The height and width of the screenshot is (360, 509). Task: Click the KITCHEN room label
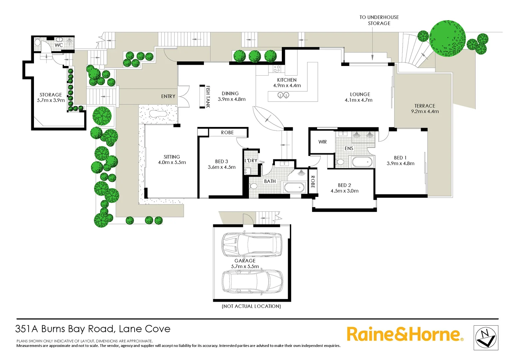287,80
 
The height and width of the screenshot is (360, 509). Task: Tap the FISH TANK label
208,97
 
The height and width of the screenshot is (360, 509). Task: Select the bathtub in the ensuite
362,162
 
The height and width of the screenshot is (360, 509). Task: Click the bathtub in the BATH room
294,187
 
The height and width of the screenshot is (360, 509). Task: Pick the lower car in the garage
253,281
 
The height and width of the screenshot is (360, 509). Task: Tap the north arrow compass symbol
486,338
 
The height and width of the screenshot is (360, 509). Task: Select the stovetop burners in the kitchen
277,69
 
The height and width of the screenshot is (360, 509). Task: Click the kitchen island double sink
283,96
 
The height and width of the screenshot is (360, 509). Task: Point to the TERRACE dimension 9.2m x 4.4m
425,111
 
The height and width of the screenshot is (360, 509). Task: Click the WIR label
322,142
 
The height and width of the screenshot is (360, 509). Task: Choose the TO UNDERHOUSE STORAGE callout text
379,20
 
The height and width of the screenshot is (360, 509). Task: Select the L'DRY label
251,161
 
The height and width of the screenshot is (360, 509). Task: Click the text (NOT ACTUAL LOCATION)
251,306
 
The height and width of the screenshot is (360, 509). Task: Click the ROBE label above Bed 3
228,133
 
